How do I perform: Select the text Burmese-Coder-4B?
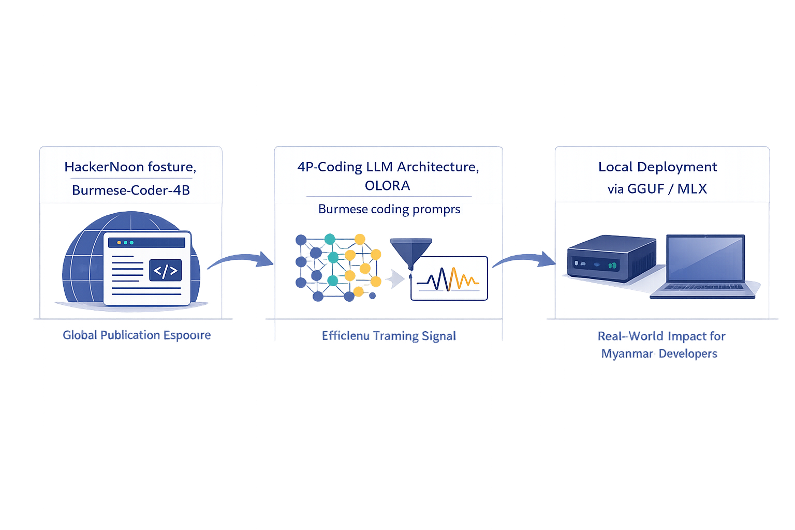point(131,190)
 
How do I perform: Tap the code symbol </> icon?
point(165,270)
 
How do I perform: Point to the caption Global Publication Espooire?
point(137,335)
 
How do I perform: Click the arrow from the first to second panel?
point(241,259)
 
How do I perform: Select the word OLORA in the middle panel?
point(387,185)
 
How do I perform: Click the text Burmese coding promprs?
point(389,209)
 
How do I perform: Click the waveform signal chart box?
point(449,278)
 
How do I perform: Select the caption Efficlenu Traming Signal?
point(389,336)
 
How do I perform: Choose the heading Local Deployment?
point(657,167)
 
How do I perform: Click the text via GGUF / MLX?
point(657,188)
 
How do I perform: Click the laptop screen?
point(705,259)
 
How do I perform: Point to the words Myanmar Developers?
point(659,354)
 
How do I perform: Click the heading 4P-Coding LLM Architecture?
point(388,167)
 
